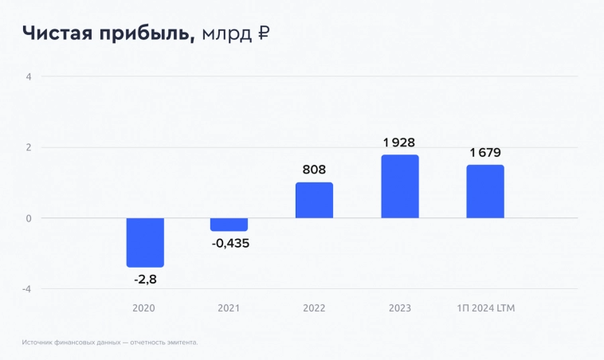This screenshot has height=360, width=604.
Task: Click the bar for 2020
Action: [x=145, y=242]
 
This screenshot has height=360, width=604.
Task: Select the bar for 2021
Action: [x=229, y=225]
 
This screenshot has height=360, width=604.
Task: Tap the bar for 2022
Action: [x=314, y=200]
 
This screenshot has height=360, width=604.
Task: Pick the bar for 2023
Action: [x=399, y=186]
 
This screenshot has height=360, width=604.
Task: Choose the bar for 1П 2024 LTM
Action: [x=485, y=191]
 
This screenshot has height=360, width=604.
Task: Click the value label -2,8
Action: [x=145, y=280]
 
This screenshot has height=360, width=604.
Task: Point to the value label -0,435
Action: [x=230, y=243]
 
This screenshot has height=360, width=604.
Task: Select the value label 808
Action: [x=314, y=170]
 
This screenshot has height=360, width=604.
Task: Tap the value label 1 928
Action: [x=399, y=143]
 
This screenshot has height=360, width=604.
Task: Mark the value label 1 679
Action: [x=485, y=153]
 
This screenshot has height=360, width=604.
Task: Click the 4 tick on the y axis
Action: [x=28, y=77]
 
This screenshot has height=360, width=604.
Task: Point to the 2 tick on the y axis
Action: [x=28, y=147]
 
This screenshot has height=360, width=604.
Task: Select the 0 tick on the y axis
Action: [x=28, y=218]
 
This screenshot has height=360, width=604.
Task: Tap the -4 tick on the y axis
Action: [x=26, y=288]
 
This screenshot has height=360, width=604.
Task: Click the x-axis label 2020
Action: [x=144, y=308]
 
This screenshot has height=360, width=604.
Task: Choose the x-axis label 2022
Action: [x=314, y=308]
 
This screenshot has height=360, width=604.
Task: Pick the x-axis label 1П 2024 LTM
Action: [x=485, y=308]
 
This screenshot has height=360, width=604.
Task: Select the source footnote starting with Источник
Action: [x=110, y=342]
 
